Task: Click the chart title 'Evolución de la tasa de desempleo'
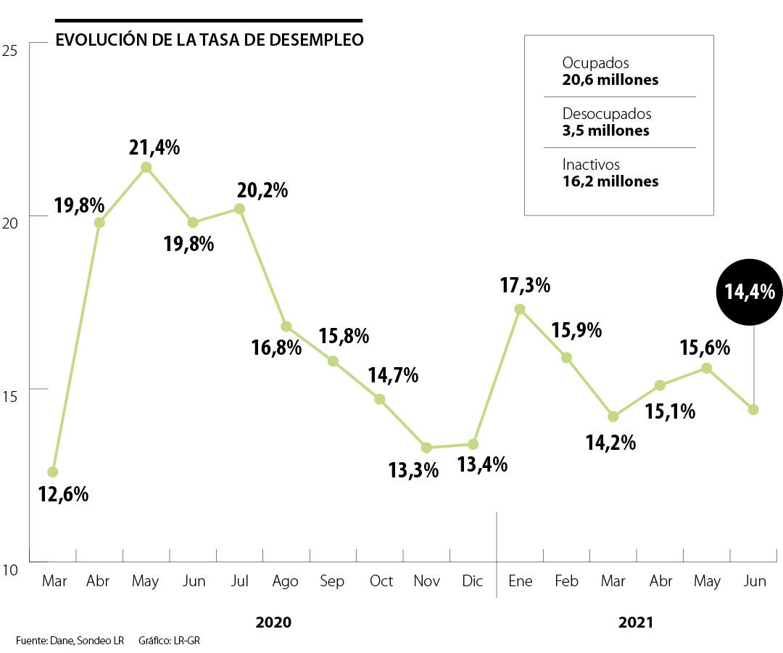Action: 210,40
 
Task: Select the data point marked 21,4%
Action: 146,167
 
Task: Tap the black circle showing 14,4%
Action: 750,292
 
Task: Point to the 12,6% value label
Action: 63,495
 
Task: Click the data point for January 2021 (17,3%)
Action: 520,309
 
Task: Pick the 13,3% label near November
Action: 413,470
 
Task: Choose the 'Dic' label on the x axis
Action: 473,581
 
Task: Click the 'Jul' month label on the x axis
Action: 239,581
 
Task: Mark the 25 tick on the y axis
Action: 10,51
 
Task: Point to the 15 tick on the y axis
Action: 10,397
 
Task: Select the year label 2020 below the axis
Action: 273,623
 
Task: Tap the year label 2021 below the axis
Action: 636,623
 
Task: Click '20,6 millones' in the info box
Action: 610,80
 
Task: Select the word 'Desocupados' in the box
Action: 607,114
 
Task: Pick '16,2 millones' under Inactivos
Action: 610,181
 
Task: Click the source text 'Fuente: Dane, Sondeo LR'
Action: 70,641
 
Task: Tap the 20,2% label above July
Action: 262,191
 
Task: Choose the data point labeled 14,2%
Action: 613,416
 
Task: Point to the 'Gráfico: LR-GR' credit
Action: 168,641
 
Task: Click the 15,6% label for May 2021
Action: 705,348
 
